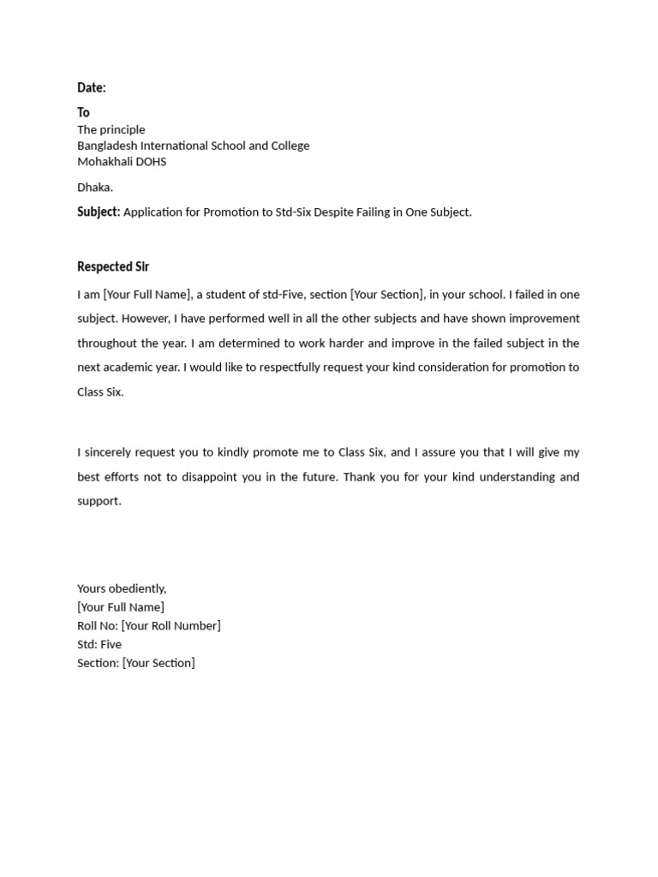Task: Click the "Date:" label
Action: pyautogui.click(x=92, y=87)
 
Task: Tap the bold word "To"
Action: pyautogui.click(x=83, y=112)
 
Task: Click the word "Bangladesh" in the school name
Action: pyautogui.click(x=108, y=146)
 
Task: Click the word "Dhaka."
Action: pyautogui.click(x=95, y=187)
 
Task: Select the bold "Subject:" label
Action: pyautogui.click(x=99, y=212)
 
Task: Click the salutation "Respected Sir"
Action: pyautogui.click(x=113, y=266)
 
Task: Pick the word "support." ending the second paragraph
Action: pyautogui.click(x=99, y=501)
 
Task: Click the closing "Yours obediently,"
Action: pyautogui.click(x=122, y=588)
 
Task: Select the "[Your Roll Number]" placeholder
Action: pyautogui.click(x=171, y=626)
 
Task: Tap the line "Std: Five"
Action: pyautogui.click(x=99, y=644)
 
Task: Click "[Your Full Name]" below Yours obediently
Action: pyautogui.click(x=121, y=607)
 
